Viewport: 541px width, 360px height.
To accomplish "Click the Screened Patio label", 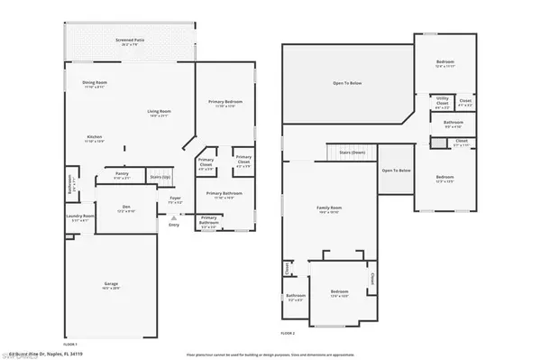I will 130,42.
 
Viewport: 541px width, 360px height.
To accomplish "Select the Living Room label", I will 160,112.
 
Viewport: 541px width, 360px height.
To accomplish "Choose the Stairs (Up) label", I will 159,177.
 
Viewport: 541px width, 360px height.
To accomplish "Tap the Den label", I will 125,208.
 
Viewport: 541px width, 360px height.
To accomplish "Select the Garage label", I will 110,285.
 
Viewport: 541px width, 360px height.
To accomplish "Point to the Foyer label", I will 175,200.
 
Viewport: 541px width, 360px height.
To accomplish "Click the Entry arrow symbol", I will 174,223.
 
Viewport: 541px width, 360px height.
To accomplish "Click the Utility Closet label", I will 442,101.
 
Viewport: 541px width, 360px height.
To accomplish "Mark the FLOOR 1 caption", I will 70,344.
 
